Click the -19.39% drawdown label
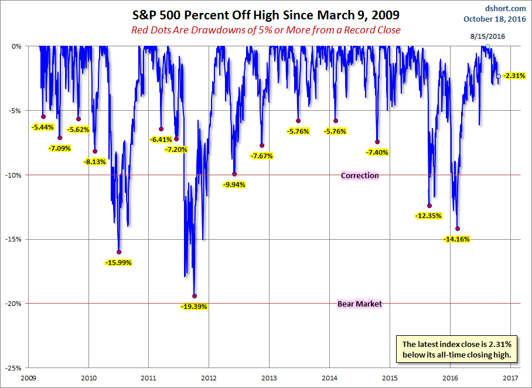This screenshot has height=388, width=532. pyautogui.click(x=195, y=307)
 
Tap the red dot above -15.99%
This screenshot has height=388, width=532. pyautogui.click(x=119, y=252)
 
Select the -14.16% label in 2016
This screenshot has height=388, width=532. pyautogui.click(x=458, y=239)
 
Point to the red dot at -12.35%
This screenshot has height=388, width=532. pyautogui.click(x=429, y=206)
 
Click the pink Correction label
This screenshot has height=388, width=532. pyautogui.click(x=360, y=175)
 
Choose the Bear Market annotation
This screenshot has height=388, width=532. pyautogui.click(x=360, y=304)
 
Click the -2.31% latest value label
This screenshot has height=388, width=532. pyautogui.click(x=514, y=76)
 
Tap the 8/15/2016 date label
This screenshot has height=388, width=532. pyautogui.click(x=487, y=36)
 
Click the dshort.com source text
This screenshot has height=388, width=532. pyautogui.click(x=506, y=8)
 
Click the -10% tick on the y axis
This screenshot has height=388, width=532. pyautogui.click(x=16, y=175)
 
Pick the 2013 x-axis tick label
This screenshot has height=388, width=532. pyautogui.click(x=270, y=378)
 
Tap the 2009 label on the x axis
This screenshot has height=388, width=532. pyautogui.click(x=29, y=378)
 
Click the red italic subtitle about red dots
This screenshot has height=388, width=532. pyautogui.click(x=265, y=30)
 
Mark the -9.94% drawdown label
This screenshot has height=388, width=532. pyautogui.click(x=234, y=185)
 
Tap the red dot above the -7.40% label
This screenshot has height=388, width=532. pyautogui.click(x=377, y=142)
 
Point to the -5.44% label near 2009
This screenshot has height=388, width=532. pyautogui.click(x=43, y=127)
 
